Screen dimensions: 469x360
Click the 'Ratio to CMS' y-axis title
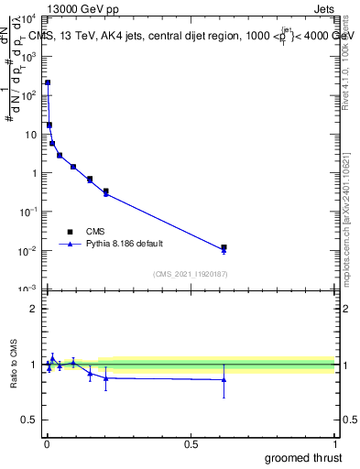[15, 365]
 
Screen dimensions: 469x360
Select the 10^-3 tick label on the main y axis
[27, 289]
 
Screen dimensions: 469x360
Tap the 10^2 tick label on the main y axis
[27, 95]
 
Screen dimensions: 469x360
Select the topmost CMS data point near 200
[48, 82]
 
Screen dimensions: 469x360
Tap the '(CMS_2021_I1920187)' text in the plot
[191, 273]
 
